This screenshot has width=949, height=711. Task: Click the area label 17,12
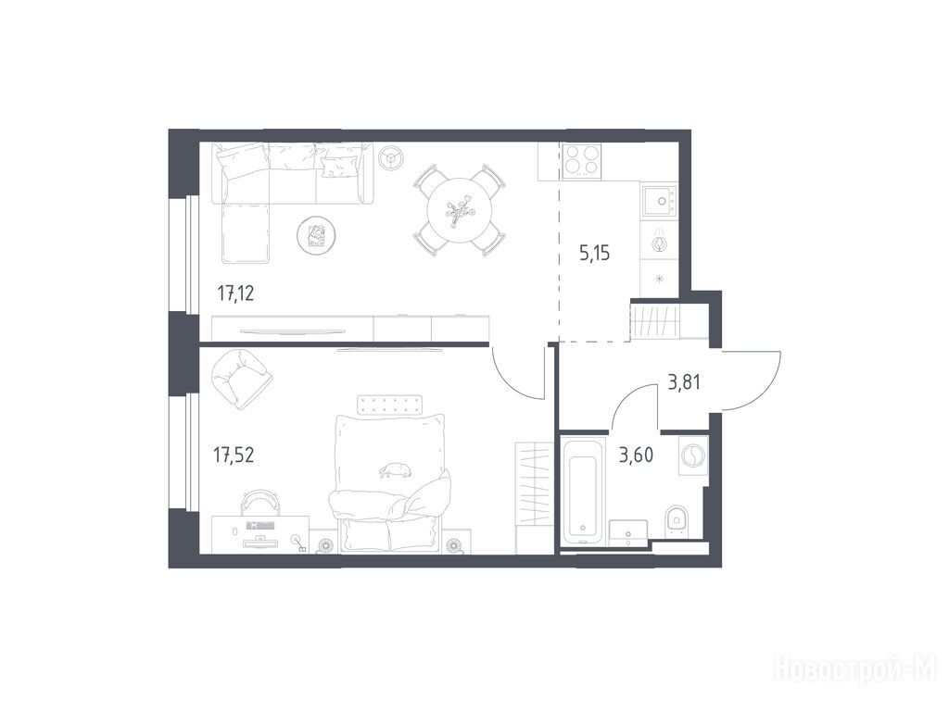click(x=235, y=293)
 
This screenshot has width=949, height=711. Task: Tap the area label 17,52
click(x=234, y=454)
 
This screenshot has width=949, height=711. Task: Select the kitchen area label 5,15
click(x=594, y=253)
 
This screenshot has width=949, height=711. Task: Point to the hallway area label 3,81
click(x=684, y=382)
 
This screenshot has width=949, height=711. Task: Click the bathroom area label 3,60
click(x=636, y=455)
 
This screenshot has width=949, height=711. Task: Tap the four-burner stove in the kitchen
click(x=582, y=161)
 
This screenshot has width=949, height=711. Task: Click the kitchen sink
click(x=659, y=201)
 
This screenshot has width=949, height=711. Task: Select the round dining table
click(x=460, y=210)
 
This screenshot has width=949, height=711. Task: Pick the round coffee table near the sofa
click(x=316, y=235)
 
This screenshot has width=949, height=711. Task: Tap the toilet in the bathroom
click(x=676, y=522)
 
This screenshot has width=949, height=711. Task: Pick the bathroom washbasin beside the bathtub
click(x=628, y=532)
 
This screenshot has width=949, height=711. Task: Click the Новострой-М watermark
click(x=857, y=670)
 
